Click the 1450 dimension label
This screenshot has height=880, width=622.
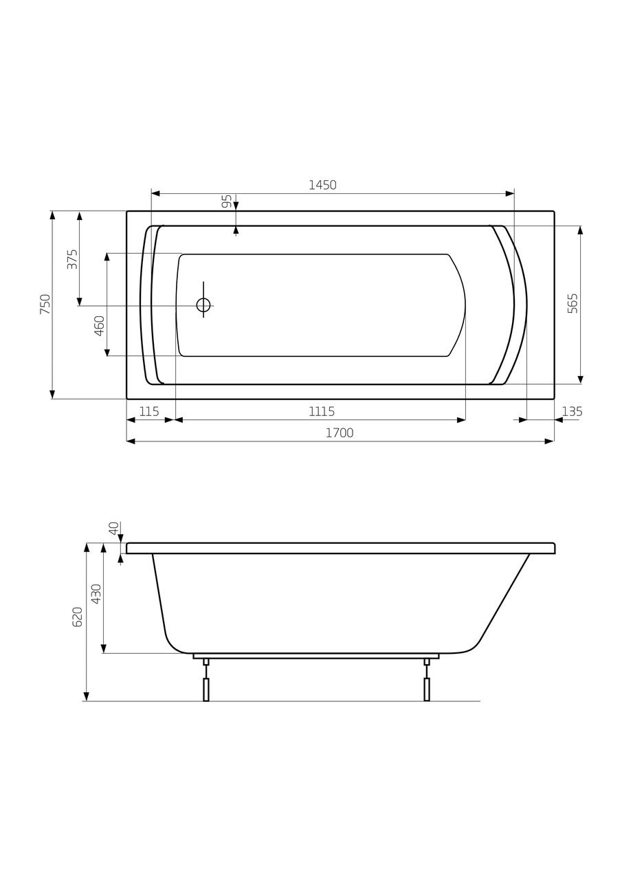click(322, 185)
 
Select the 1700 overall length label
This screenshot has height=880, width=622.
click(340, 433)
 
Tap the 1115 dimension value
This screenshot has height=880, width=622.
click(321, 412)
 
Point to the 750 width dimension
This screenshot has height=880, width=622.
click(45, 304)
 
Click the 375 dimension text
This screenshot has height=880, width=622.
click(72, 258)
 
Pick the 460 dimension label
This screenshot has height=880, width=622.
click(100, 325)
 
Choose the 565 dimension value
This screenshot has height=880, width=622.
click(573, 303)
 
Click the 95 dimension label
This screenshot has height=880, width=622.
click(227, 201)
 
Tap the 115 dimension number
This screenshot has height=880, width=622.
click(149, 412)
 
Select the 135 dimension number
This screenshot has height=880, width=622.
click(572, 412)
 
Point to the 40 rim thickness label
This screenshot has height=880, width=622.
click(114, 528)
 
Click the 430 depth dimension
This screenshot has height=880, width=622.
click(97, 593)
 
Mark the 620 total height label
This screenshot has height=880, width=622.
click(78, 617)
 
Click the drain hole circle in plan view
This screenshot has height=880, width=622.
click(203, 305)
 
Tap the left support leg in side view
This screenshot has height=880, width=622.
click(206, 688)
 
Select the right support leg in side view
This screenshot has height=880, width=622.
click(427, 688)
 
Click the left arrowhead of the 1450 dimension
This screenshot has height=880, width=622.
click(155, 193)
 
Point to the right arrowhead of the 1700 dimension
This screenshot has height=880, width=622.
click(549, 441)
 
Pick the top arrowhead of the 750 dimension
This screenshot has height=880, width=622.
click(52, 215)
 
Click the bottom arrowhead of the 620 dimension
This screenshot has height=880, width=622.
click(87, 696)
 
